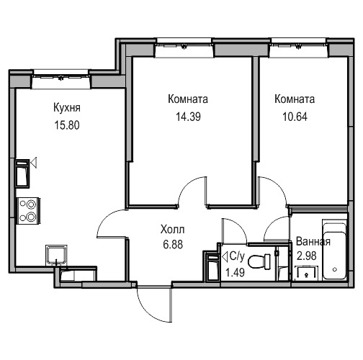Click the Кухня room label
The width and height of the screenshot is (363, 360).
point(67,108)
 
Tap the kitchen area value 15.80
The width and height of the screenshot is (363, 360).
point(67,125)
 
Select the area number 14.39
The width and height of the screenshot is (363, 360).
point(188,117)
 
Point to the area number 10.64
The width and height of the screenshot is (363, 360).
point(295,117)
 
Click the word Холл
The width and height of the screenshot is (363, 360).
point(173,230)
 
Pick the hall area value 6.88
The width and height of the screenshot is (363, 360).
point(173,245)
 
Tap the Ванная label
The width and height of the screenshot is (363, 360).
point(313,241)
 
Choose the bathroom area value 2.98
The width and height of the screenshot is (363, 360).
point(307,256)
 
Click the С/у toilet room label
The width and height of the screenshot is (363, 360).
point(237,256)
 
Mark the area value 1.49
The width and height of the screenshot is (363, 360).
point(235,272)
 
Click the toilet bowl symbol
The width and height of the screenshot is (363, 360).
point(259,261)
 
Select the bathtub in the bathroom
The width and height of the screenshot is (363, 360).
point(334,250)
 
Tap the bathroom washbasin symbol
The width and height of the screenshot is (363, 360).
point(307,273)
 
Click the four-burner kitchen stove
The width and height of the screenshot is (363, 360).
point(28,211)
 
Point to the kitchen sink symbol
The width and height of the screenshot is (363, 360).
point(56,255)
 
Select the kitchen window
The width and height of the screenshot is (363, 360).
point(61,76)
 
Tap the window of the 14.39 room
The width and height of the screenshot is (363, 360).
point(184,45)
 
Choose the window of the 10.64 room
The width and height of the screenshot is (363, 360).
point(299,45)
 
